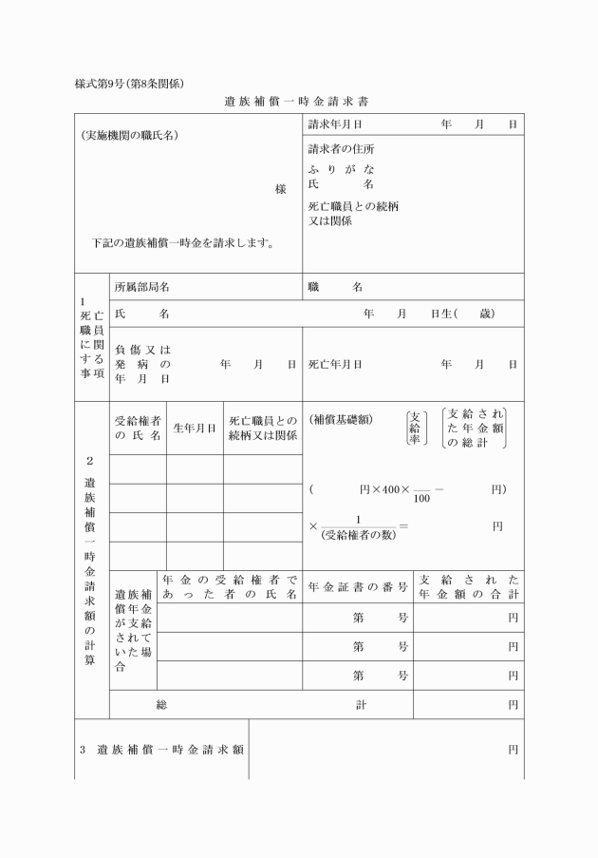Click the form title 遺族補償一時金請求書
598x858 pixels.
[x=298, y=101]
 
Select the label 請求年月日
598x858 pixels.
[x=335, y=124]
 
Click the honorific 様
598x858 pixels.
[x=280, y=189]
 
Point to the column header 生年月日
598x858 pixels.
[x=195, y=428]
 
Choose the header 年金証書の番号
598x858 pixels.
[x=358, y=586]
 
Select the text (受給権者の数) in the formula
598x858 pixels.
[x=358, y=534]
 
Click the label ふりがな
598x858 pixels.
[x=341, y=169]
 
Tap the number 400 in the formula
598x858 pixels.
[x=389, y=490]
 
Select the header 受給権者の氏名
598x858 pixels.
[x=138, y=428]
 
